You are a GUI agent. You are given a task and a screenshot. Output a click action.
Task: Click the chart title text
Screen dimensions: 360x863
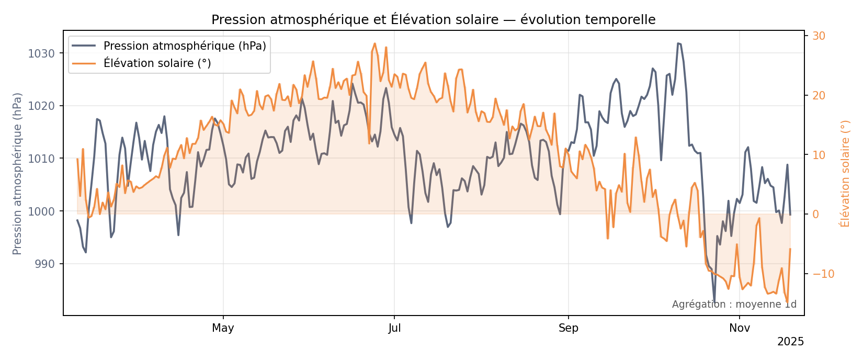(x=433, y=20)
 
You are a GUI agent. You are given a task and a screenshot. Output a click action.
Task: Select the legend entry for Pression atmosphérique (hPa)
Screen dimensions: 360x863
(x=185, y=46)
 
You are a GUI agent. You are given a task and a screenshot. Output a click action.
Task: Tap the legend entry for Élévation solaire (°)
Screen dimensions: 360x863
(x=157, y=63)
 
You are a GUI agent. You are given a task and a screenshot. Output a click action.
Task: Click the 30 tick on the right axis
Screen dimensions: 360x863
(x=819, y=36)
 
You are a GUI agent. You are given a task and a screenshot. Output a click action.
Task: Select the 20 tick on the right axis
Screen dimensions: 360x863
(x=819, y=96)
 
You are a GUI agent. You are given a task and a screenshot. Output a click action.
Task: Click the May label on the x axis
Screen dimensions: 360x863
(x=223, y=329)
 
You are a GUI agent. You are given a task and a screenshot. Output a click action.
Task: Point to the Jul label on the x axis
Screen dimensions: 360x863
(x=394, y=329)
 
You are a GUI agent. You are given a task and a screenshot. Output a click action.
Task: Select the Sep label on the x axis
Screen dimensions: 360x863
(x=568, y=329)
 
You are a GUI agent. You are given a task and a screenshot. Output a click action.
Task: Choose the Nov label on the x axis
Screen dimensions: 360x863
(x=740, y=329)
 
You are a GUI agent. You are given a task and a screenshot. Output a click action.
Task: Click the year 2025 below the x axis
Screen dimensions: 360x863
(x=790, y=342)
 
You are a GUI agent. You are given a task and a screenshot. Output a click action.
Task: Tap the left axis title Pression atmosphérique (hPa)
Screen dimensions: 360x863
(x=18, y=173)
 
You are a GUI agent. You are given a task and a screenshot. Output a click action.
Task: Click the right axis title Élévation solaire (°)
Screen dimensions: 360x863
(x=845, y=173)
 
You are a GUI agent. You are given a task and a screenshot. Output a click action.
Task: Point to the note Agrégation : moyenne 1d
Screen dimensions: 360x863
(x=734, y=305)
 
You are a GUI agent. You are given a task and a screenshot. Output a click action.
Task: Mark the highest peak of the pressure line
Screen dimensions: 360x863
(x=678, y=43)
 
